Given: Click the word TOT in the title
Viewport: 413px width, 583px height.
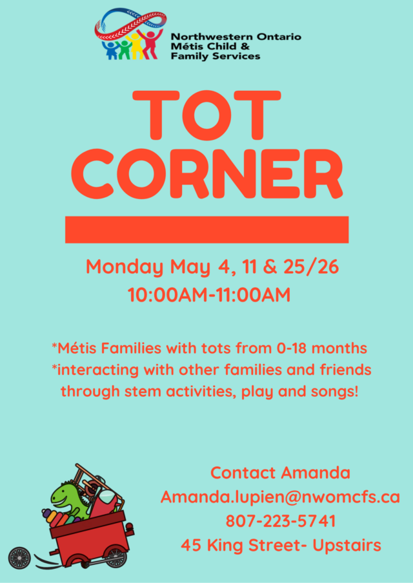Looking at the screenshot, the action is click(206, 115).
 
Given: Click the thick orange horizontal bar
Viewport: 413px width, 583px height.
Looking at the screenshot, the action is click(206, 230).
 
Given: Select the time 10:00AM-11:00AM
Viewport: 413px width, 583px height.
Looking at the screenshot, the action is click(209, 295).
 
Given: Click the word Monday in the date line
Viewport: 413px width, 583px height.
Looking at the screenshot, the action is click(125, 268).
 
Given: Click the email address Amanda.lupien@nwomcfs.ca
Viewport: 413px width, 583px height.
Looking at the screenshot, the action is click(280, 497).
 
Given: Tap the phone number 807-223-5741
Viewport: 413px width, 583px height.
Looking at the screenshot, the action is click(281, 521).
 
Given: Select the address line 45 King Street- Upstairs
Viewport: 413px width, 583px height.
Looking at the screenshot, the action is click(281, 546).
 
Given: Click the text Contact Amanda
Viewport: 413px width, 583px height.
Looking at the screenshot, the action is click(281, 473).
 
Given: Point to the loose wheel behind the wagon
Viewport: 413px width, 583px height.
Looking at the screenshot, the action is click(19, 558).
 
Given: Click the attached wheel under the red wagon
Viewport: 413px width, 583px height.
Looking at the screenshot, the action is click(116, 557).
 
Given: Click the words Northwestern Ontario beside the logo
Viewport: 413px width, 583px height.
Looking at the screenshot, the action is click(236, 37).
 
